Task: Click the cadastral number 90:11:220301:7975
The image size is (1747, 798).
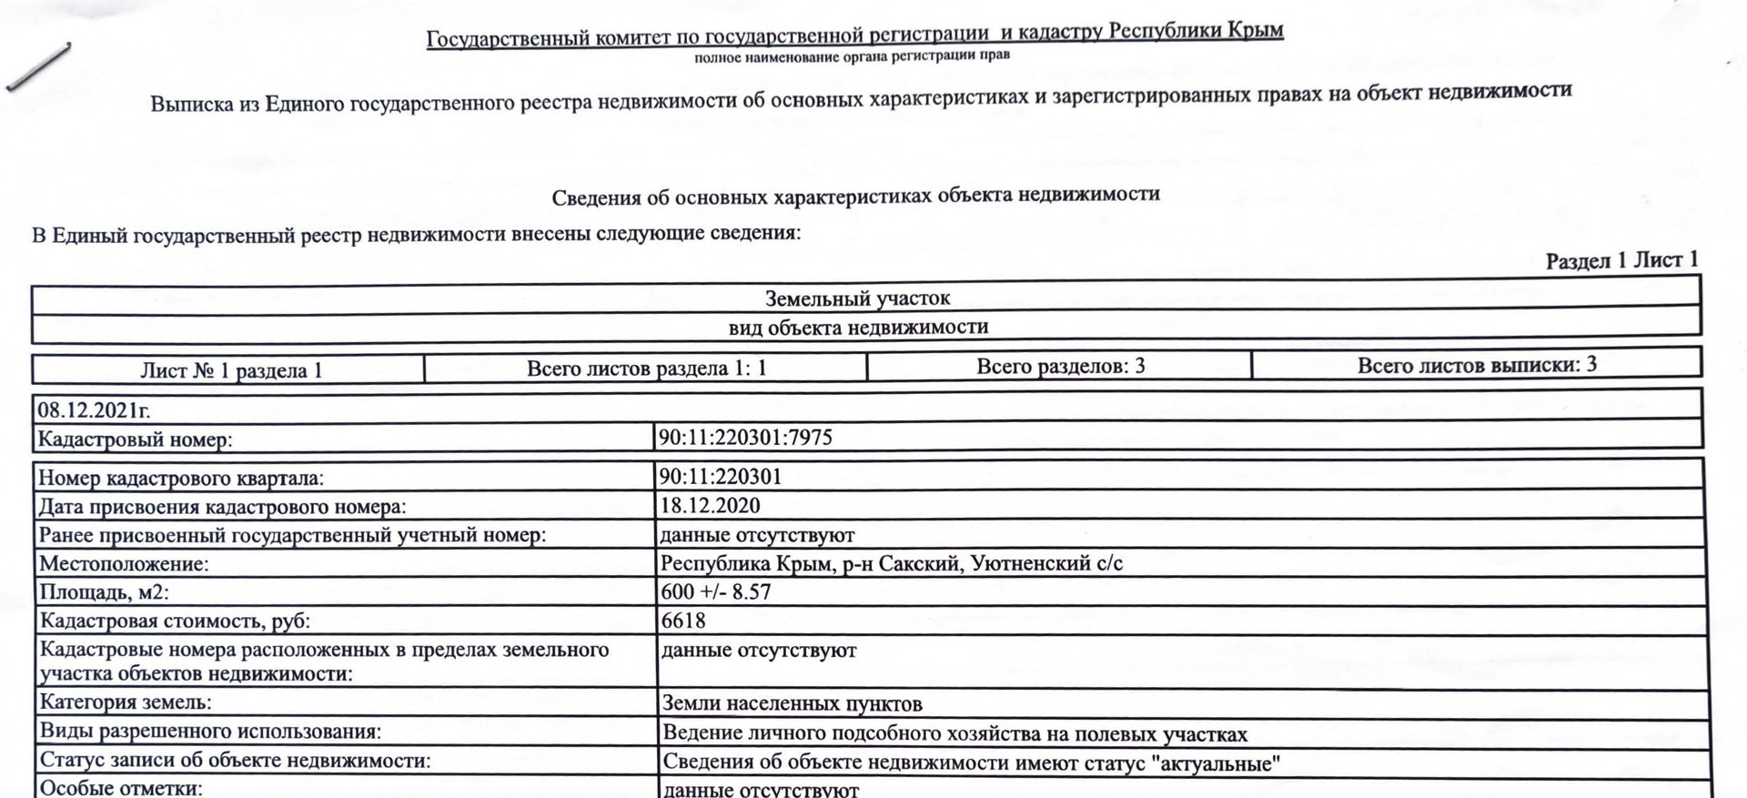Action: click(x=745, y=438)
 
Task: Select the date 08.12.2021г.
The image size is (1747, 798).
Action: click(x=93, y=410)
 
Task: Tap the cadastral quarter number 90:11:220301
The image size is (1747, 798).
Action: click(x=720, y=477)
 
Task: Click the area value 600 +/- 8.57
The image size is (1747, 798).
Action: click(x=716, y=591)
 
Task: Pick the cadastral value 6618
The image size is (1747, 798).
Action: click(x=683, y=621)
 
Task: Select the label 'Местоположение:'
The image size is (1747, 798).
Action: click(x=124, y=564)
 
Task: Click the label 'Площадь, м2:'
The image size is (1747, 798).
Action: click(x=104, y=592)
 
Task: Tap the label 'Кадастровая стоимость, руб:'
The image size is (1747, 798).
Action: click(x=174, y=621)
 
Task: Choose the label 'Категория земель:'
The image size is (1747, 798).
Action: click(x=126, y=702)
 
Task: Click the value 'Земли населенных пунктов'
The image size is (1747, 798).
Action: click(x=792, y=703)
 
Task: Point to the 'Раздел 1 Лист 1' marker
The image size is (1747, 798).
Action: click(x=1621, y=260)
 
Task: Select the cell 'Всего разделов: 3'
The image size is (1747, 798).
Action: click(x=1060, y=367)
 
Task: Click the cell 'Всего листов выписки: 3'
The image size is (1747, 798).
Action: click(x=1477, y=365)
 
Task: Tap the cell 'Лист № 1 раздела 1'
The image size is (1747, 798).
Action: click(x=231, y=370)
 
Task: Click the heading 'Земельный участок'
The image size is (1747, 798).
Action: click(x=857, y=298)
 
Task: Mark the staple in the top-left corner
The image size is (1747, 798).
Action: click(x=38, y=66)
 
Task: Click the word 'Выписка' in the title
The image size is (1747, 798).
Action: click(x=191, y=104)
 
